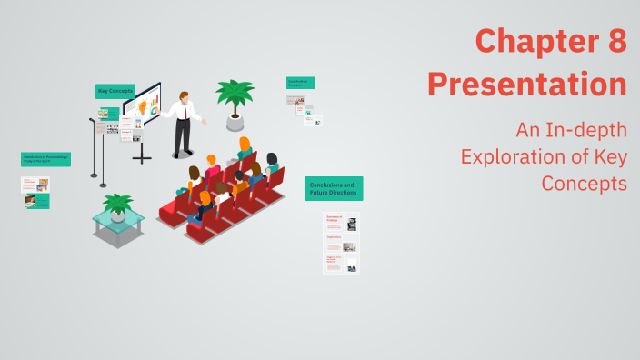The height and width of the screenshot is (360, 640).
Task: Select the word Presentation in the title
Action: (x=527, y=84)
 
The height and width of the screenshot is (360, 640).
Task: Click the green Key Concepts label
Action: (x=115, y=91)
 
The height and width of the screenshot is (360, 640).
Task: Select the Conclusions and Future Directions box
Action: (x=334, y=188)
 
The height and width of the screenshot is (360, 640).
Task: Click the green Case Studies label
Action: (x=300, y=83)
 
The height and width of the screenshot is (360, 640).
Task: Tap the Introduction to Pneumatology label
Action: (x=45, y=159)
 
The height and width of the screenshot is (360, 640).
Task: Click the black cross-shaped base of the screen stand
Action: (x=143, y=157)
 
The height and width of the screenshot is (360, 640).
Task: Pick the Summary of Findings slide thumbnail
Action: (x=341, y=224)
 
